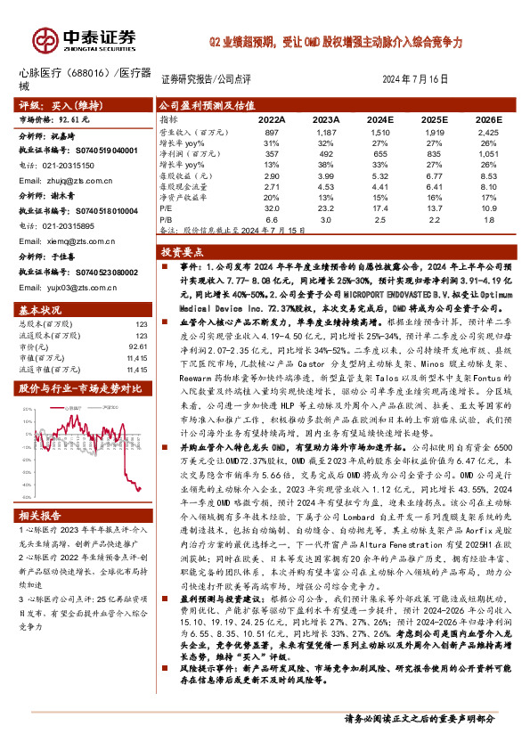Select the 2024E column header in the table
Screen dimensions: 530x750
click(x=379, y=118)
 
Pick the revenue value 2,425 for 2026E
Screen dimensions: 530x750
click(x=488, y=131)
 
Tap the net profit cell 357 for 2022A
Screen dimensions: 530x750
click(x=271, y=153)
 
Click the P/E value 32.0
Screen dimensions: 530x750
click(x=271, y=206)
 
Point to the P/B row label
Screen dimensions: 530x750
click(x=167, y=217)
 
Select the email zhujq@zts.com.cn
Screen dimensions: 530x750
click(x=56, y=180)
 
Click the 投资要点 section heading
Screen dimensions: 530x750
click(x=183, y=252)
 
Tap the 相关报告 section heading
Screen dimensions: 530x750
click(x=41, y=515)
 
